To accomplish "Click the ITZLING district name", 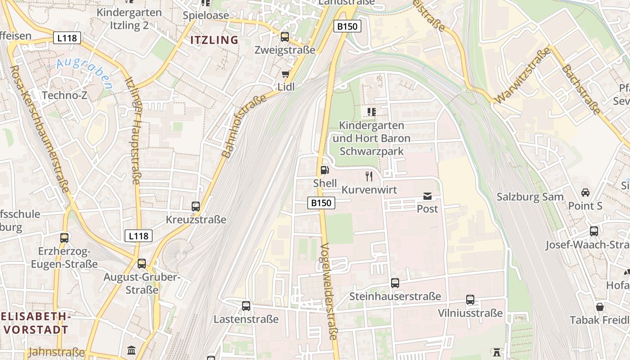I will (x=214, y=40).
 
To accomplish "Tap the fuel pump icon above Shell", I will (x=324, y=170).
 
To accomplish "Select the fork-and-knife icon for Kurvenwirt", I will (x=369, y=176).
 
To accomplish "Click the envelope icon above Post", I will (x=427, y=196).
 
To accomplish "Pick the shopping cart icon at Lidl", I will (x=285, y=74).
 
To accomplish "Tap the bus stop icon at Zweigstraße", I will (x=285, y=37).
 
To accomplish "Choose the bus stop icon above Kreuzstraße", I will (x=196, y=207).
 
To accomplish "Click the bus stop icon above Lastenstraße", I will (x=246, y=306).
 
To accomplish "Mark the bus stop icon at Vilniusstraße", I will (x=470, y=300).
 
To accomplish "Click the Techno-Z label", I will (x=64, y=95).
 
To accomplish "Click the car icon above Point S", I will (x=585, y=193).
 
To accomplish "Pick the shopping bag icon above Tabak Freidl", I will (x=600, y=307).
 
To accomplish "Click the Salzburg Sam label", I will (x=530, y=197).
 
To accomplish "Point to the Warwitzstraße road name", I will (x=523, y=75).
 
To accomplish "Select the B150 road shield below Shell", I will (x=321, y=203).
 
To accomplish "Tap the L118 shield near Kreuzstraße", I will (x=138, y=235).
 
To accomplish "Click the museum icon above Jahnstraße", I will (x=131, y=350).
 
